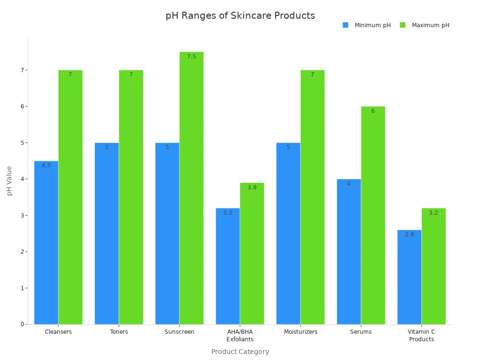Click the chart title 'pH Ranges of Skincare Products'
[x=240, y=16]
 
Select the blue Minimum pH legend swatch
[x=345, y=25]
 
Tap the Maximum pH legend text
[x=430, y=25]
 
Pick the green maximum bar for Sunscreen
[x=191, y=188]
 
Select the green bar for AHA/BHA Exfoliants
[x=252, y=253]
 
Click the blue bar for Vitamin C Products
[x=409, y=277]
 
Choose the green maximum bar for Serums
[x=373, y=215]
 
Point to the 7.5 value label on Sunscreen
[x=191, y=57]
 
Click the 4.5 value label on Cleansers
[x=46, y=165]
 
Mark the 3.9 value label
[x=252, y=187]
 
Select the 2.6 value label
[x=409, y=234]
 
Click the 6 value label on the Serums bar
[x=373, y=111]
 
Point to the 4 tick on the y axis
[x=22, y=179]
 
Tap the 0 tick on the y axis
[x=22, y=324]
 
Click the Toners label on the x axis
[x=119, y=332]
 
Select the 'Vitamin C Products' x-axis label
[x=421, y=336]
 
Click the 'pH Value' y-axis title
[x=9, y=180]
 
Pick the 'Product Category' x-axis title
[x=240, y=352]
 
